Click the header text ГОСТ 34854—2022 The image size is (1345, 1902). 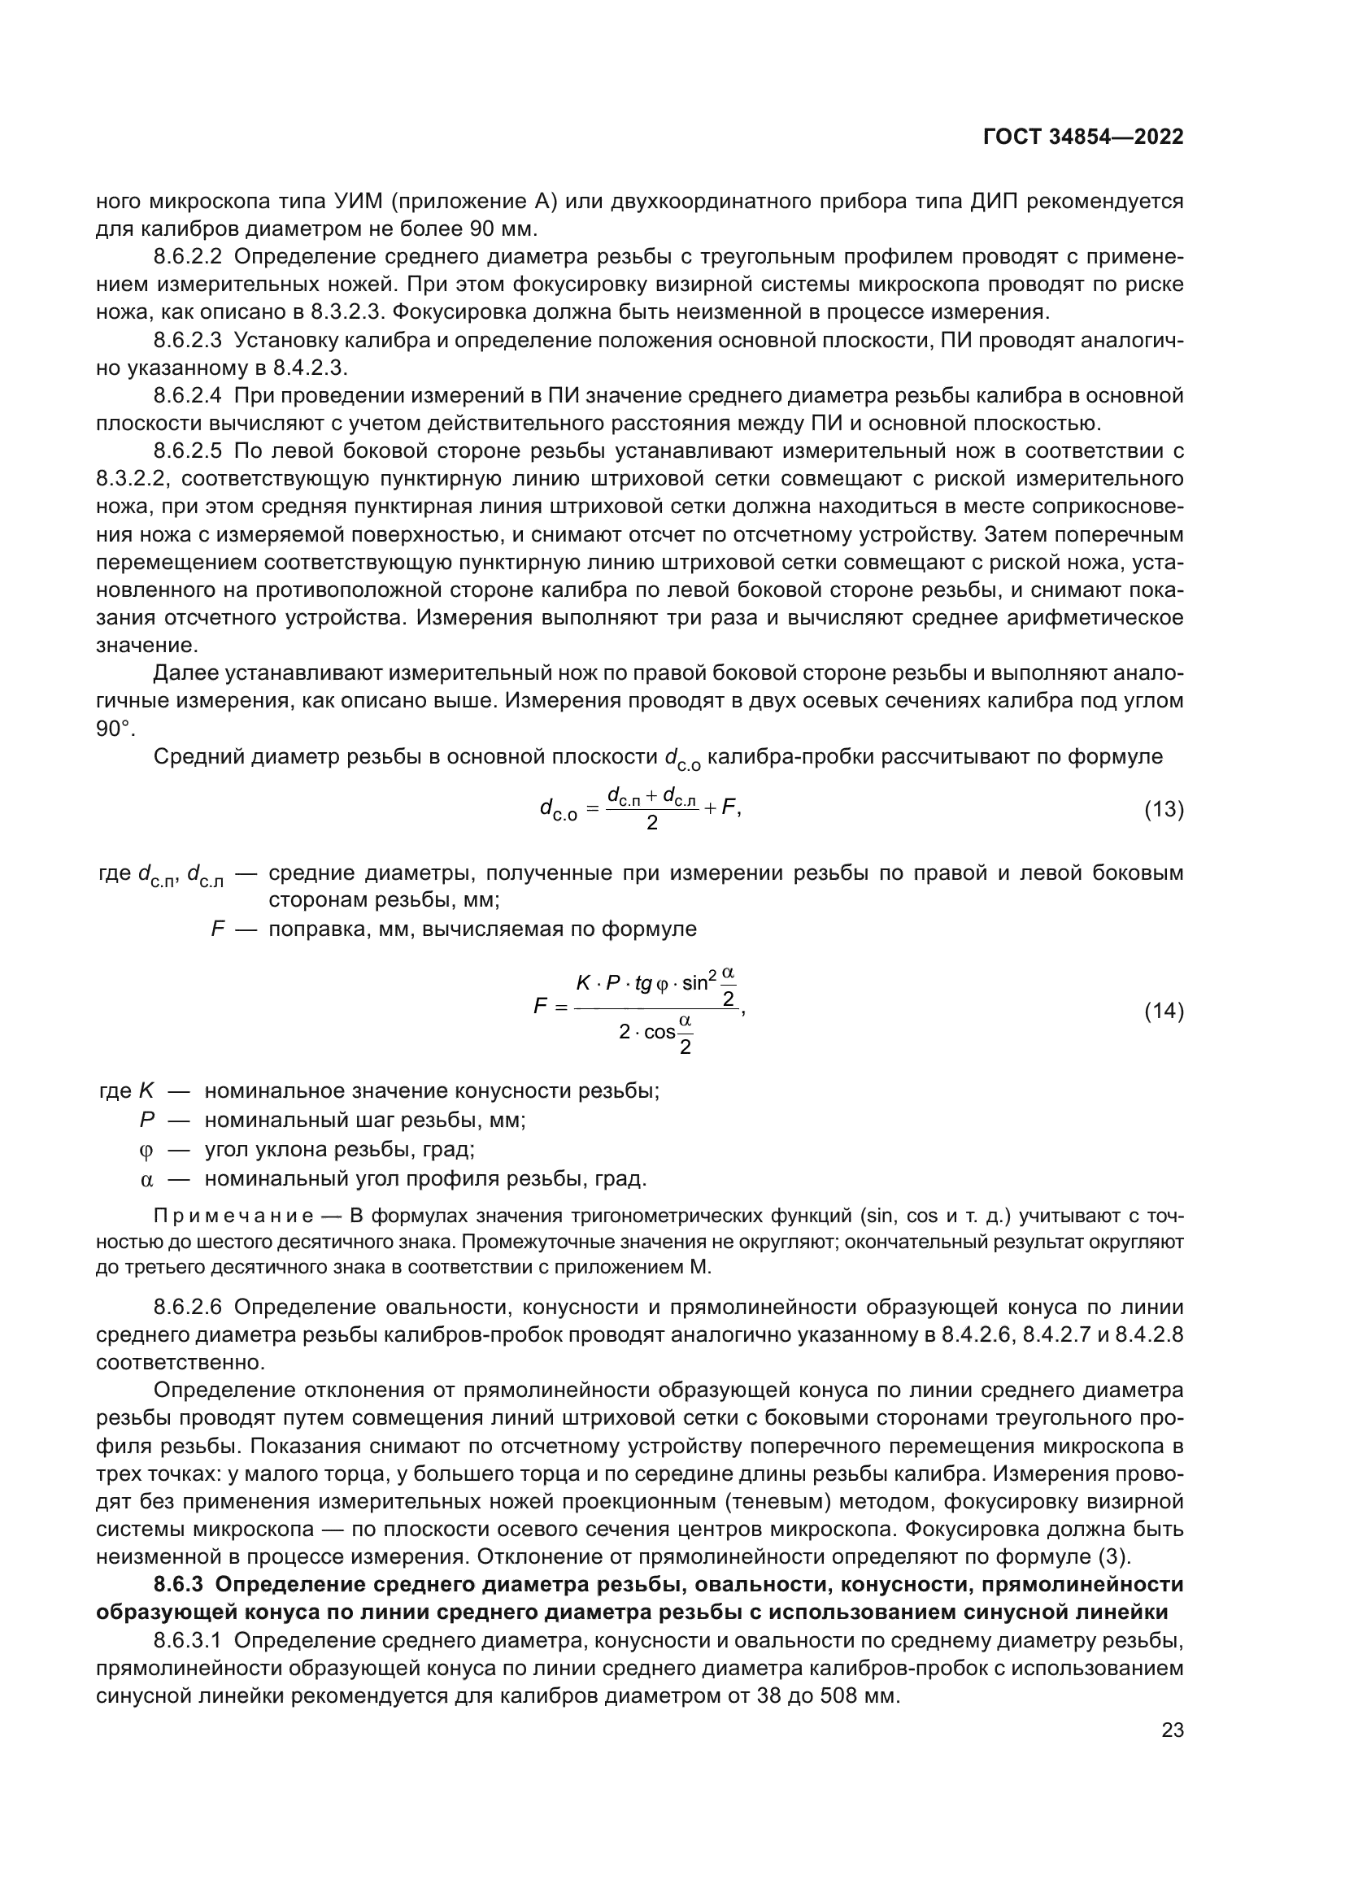[x=1082, y=137]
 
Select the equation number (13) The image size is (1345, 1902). [x=1164, y=809]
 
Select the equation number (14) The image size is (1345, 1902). [x=1164, y=1011]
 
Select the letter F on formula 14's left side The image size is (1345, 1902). [x=540, y=1008]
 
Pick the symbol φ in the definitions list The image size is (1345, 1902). [x=146, y=1150]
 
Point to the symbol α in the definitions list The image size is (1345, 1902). [x=146, y=1179]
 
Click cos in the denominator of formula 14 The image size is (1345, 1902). [x=659, y=1033]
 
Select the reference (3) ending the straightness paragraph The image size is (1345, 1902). [x=1114, y=1556]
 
